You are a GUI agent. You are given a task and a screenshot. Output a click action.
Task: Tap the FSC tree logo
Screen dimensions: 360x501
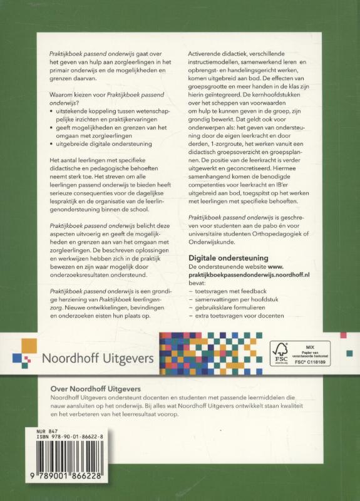277,352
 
